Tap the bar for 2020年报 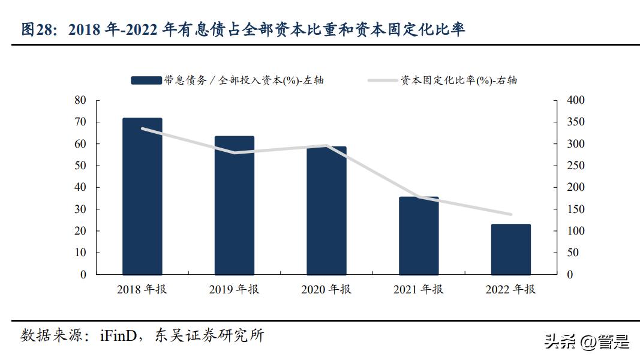326,211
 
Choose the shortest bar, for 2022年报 510,250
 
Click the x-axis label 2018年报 142,290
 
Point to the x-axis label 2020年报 326,290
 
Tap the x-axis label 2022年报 510,290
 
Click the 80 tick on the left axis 80,100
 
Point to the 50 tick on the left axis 80,166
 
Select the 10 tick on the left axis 80,253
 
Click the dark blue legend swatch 146,80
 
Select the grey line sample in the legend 383,80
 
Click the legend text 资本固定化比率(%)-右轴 459,80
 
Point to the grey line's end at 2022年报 510,214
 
